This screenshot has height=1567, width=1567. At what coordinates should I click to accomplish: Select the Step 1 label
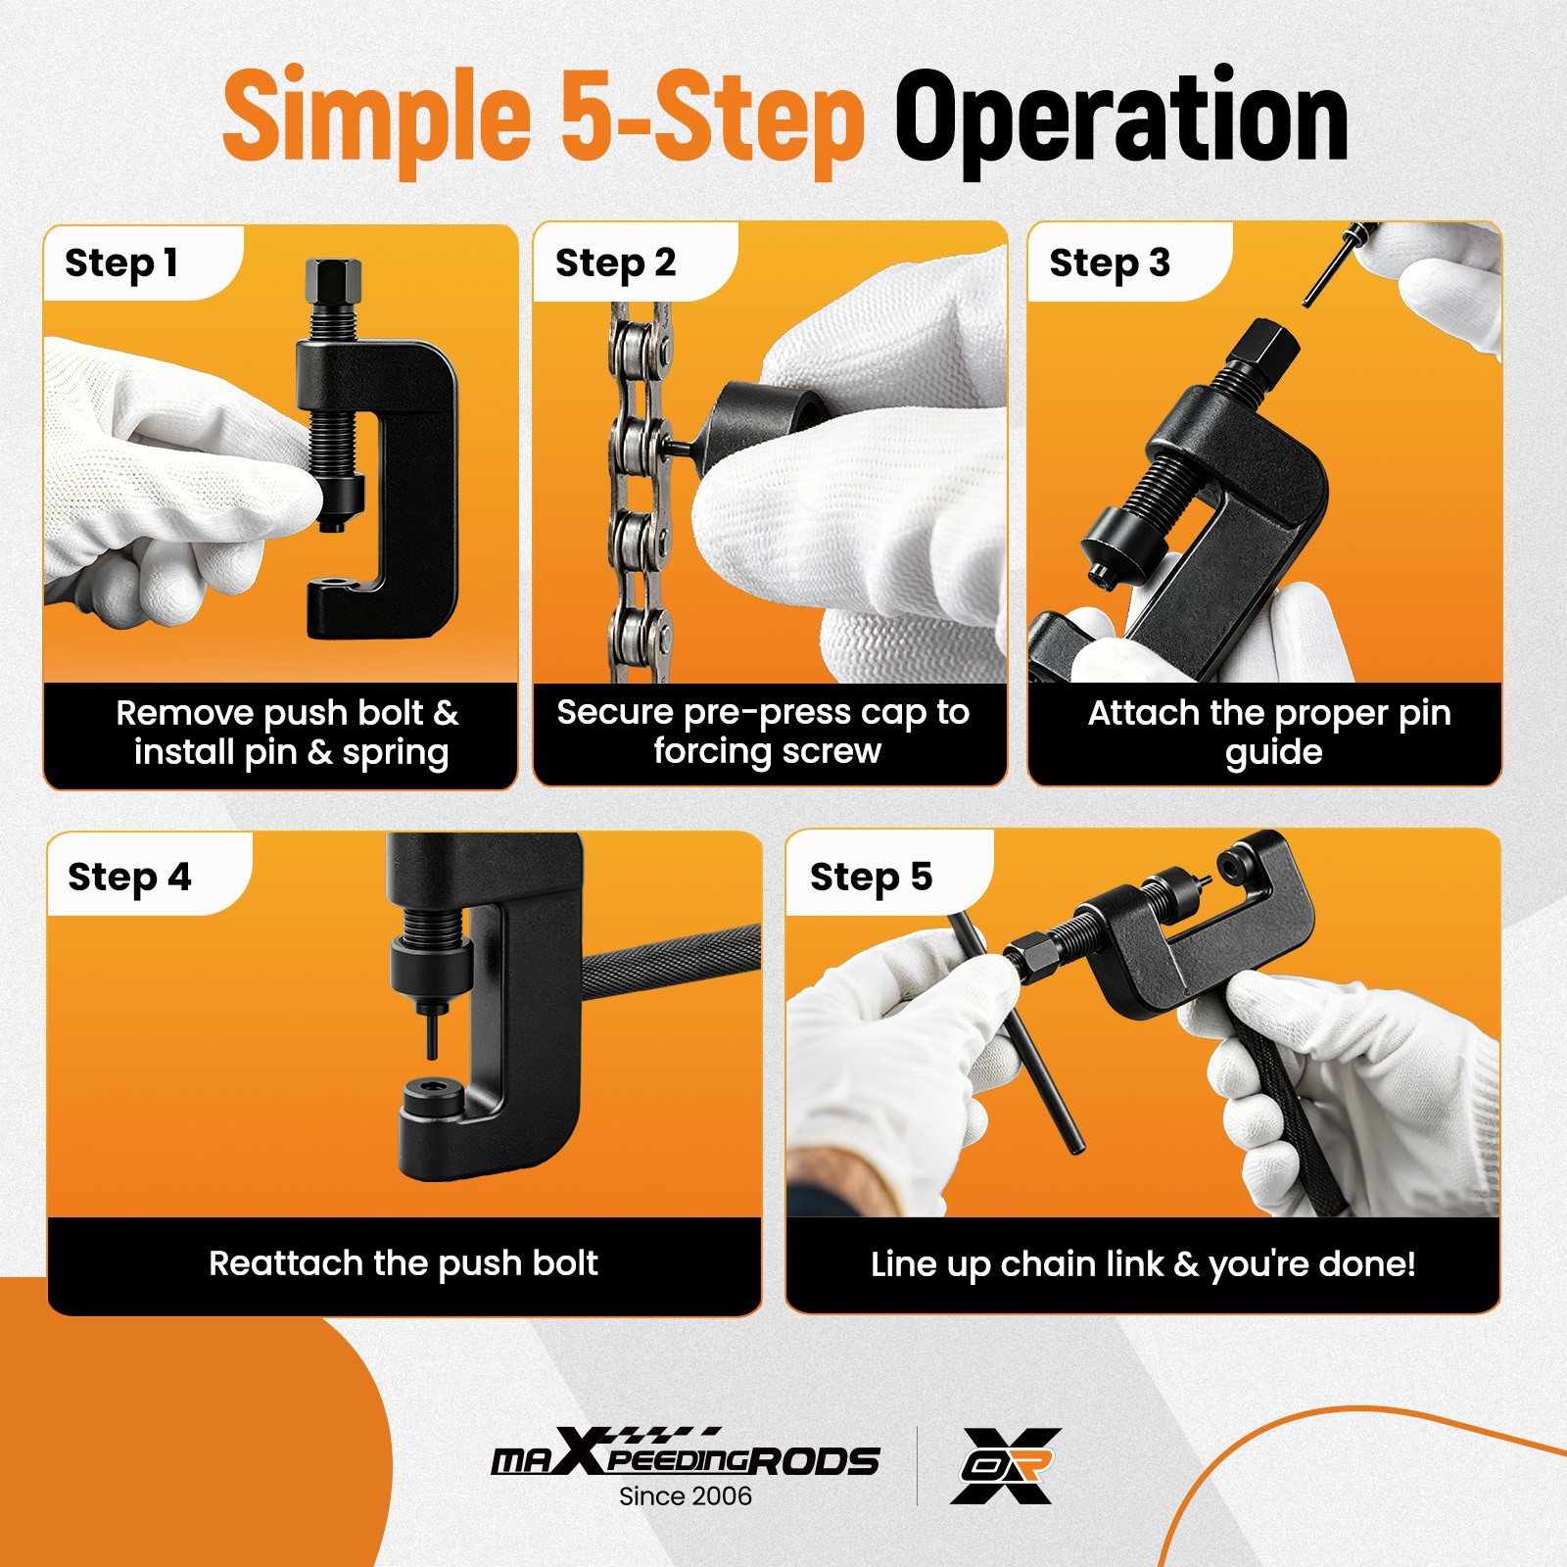point(120,263)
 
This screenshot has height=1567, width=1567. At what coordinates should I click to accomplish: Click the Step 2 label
point(615,263)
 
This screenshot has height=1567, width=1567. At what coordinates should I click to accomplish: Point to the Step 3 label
point(1110,263)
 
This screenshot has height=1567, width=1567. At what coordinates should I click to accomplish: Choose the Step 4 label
point(129,877)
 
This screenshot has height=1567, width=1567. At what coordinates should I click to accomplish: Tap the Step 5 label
point(871,877)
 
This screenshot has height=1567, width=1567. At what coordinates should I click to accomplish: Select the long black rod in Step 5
point(1015,1032)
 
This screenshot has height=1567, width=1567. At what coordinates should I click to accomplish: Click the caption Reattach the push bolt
point(404,1263)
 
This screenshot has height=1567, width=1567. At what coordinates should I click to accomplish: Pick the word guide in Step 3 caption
point(1273,753)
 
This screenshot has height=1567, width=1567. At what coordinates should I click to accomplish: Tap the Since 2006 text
point(686,1496)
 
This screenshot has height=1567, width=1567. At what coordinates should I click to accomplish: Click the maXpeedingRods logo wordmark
point(686,1451)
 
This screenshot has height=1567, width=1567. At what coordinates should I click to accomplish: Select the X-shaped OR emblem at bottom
point(1007,1465)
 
